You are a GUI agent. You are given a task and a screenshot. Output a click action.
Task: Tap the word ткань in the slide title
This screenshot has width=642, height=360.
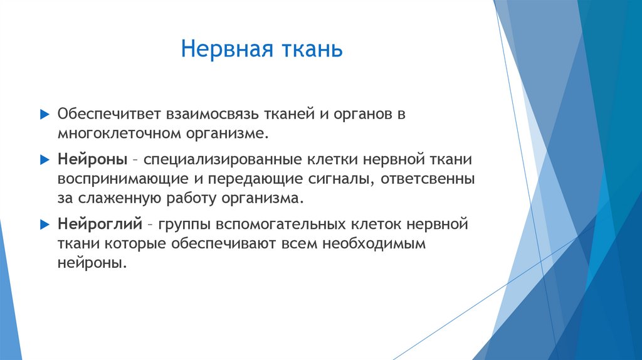pos(314,50)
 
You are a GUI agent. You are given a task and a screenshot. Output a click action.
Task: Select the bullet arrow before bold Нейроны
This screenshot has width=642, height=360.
pos(44,160)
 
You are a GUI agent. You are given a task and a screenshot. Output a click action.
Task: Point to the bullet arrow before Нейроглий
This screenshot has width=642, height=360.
pos(44,224)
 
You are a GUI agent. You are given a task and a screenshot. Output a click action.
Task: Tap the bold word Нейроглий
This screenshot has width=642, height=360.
pos(98,224)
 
